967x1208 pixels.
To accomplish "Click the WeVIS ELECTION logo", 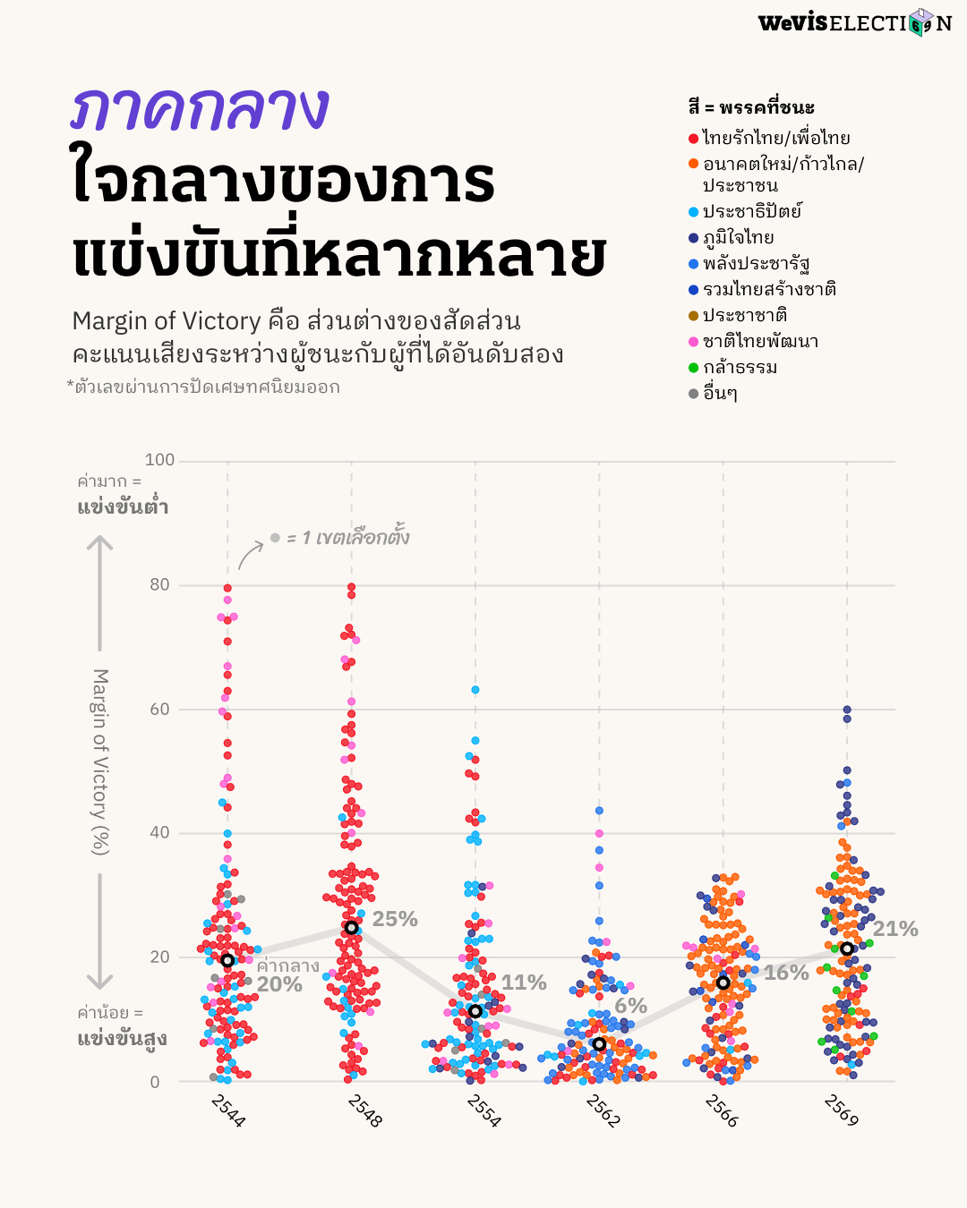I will tap(854, 22).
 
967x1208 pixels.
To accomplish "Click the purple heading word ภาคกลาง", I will tap(200, 109).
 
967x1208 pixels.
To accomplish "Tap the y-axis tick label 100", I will tap(160, 460).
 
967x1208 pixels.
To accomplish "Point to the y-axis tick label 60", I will tap(159, 709).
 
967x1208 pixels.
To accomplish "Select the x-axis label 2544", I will tap(228, 1110).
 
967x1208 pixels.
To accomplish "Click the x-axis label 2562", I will tap(603, 1110).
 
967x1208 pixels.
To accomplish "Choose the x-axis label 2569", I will tap(842, 1110).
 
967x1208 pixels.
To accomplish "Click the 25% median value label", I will tap(395, 919).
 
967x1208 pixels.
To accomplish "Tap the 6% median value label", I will tap(630, 1006).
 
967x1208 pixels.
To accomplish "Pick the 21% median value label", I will tap(895, 929).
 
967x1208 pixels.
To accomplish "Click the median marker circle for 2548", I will tap(352, 928).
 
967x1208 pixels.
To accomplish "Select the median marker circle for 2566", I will tap(723, 983).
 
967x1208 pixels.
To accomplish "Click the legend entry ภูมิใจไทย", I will tap(738, 237).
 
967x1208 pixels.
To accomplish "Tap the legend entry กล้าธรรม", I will tap(740, 367).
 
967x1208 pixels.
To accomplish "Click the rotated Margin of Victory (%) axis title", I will tap(100, 761).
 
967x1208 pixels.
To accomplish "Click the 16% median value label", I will tap(786, 973).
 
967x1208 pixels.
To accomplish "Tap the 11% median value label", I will tap(524, 983).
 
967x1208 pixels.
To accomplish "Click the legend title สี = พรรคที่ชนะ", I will tap(751, 107).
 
